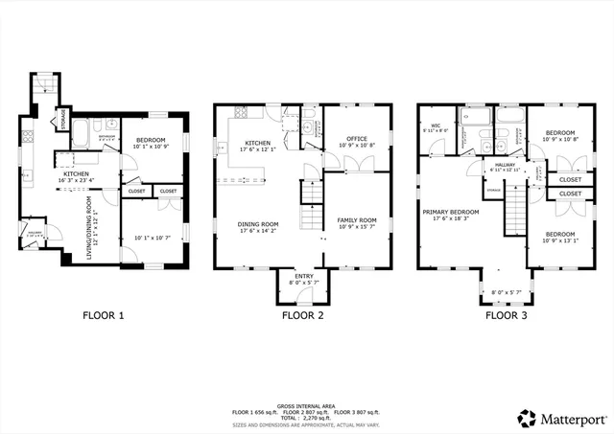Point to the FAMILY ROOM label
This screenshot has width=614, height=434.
(x=356, y=220)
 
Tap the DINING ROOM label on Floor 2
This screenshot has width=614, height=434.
(x=257, y=225)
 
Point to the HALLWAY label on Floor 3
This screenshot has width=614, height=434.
(x=504, y=165)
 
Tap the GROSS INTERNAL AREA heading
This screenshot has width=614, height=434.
(x=307, y=406)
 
